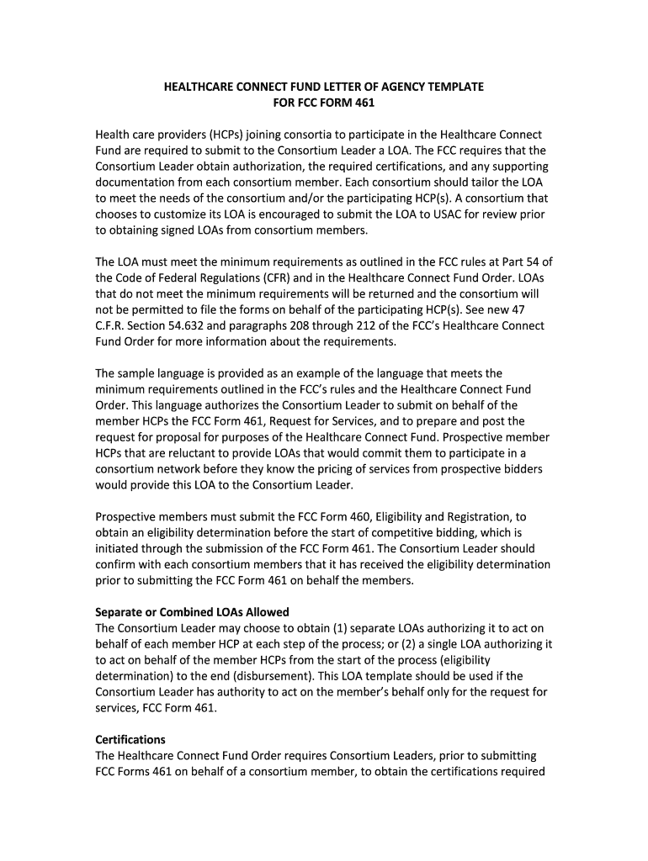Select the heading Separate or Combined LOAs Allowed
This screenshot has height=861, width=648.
[192, 611]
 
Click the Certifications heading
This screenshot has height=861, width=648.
[130, 740]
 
